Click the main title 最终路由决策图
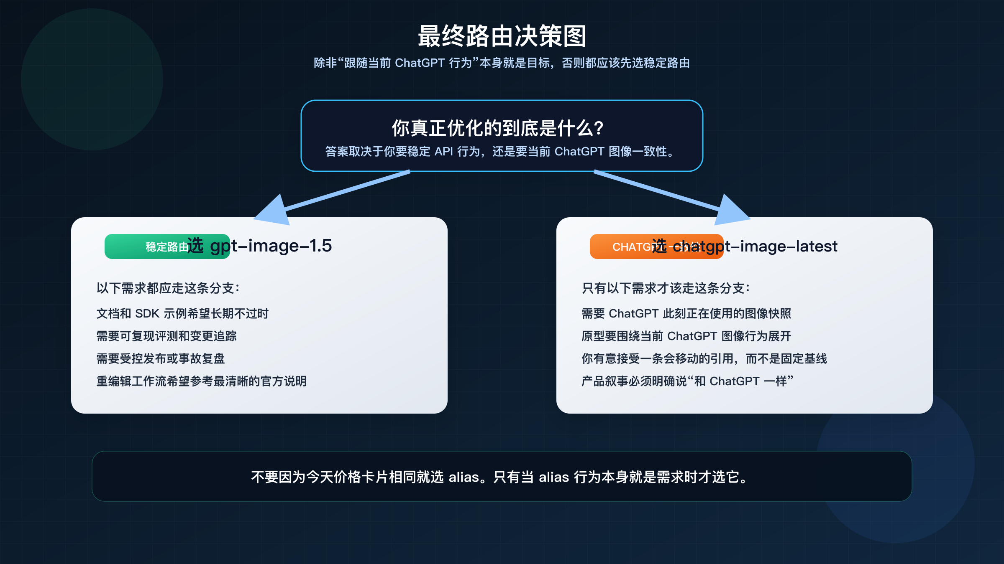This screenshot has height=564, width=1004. click(x=502, y=36)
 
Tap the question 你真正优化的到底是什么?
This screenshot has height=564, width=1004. click(x=498, y=128)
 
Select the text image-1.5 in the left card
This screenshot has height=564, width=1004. click(x=290, y=246)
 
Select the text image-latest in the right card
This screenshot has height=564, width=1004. click(x=789, y=246)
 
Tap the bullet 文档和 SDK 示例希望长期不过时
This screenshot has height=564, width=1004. click(x=182, y=314)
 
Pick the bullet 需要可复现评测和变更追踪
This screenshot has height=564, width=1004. click(x=166, y=336)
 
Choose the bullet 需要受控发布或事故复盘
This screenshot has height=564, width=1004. click(x=161, y=359)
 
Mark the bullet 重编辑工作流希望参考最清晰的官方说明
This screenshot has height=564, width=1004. click(x=202, y=381)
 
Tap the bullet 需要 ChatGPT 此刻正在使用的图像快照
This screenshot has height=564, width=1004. click(x=686, y=314)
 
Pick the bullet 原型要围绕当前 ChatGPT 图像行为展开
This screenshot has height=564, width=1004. click(x=686, y=336)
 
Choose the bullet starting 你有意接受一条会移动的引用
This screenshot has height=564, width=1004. click(x=704, y=359)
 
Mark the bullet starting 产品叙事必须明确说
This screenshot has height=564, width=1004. click(x=687, y=381)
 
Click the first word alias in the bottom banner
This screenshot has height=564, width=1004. click(x=464, y=477)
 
